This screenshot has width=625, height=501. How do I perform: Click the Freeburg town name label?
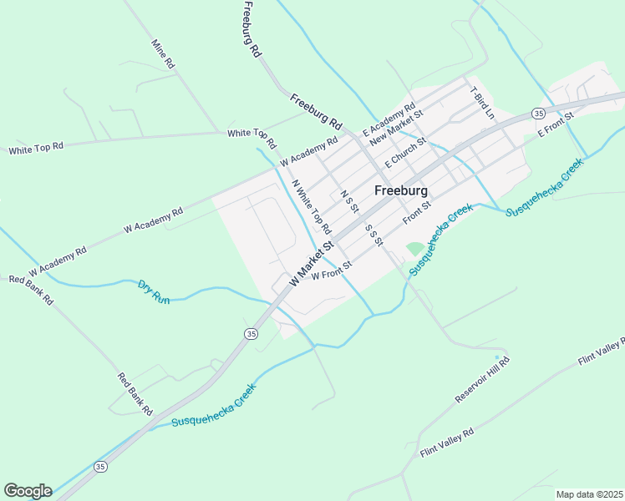pyautogui.click(x=402, y=190)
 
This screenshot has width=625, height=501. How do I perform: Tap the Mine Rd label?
pyautogui.click(x=163, y=53)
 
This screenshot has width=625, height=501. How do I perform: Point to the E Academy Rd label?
pyautogui.click(x=389, y=120)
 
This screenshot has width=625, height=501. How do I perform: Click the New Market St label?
pyautogui.click(x=397, y=126)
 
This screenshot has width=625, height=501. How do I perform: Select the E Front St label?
pyautogui.click(x=556, y=123)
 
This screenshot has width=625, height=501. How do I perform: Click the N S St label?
pyautogui.click(x=350, y=202)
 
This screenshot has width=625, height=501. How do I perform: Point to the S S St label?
pyautogui.click(x=373, y=235)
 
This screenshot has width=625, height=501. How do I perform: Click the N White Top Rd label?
pyautogui.click(x=312, y=207)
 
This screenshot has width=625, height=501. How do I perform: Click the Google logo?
pyautogui.click(x=28, y=491)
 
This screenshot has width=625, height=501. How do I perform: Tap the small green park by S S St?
pyautogui.click(x=414, y=249)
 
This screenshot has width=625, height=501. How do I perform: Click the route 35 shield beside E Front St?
pyautogui.click(x=538, y=112)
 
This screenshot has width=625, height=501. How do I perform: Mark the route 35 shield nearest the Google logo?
pyautogui.click(x=101, y=466)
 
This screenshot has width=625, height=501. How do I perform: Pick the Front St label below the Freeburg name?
pyautogui.click(x=416, y=212)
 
